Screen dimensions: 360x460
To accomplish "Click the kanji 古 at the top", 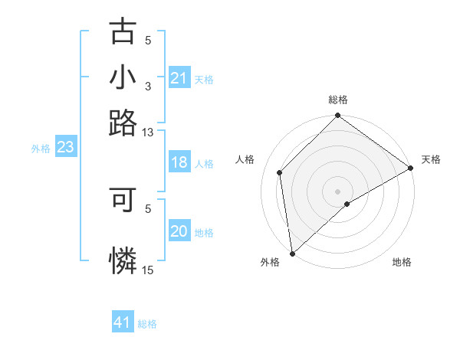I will click(123, 32).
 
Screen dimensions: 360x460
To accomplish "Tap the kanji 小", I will click(123, 78).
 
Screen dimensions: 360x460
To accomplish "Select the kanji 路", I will click(123, 123).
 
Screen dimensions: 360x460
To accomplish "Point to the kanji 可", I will click(123, 201).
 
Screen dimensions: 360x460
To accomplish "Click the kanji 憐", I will click(123, 261).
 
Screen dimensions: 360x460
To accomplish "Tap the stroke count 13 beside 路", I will click(148, 133).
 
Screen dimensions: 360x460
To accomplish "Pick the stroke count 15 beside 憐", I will click(148, 270).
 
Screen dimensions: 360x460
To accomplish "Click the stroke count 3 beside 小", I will click(148, 87).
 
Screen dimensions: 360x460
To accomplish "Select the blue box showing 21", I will click(179, 78).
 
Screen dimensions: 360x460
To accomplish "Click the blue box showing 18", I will click(179, 162).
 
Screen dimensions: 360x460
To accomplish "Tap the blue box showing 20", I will click(179, 231).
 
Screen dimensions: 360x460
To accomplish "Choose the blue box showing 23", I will click(64, 147).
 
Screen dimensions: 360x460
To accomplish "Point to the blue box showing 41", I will click(123, 322).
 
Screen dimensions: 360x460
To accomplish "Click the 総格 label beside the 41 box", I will click(147, 324).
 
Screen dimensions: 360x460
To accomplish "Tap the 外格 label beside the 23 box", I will click(41, 149).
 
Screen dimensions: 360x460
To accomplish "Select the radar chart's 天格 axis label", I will click(431, 159).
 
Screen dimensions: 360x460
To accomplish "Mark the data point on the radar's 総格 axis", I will click(337, 116).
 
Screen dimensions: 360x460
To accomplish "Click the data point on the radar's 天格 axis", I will click(411, 169).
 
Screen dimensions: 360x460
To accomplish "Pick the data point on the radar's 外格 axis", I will click(292, 253).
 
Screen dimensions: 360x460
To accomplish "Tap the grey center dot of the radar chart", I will click(337, 191).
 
